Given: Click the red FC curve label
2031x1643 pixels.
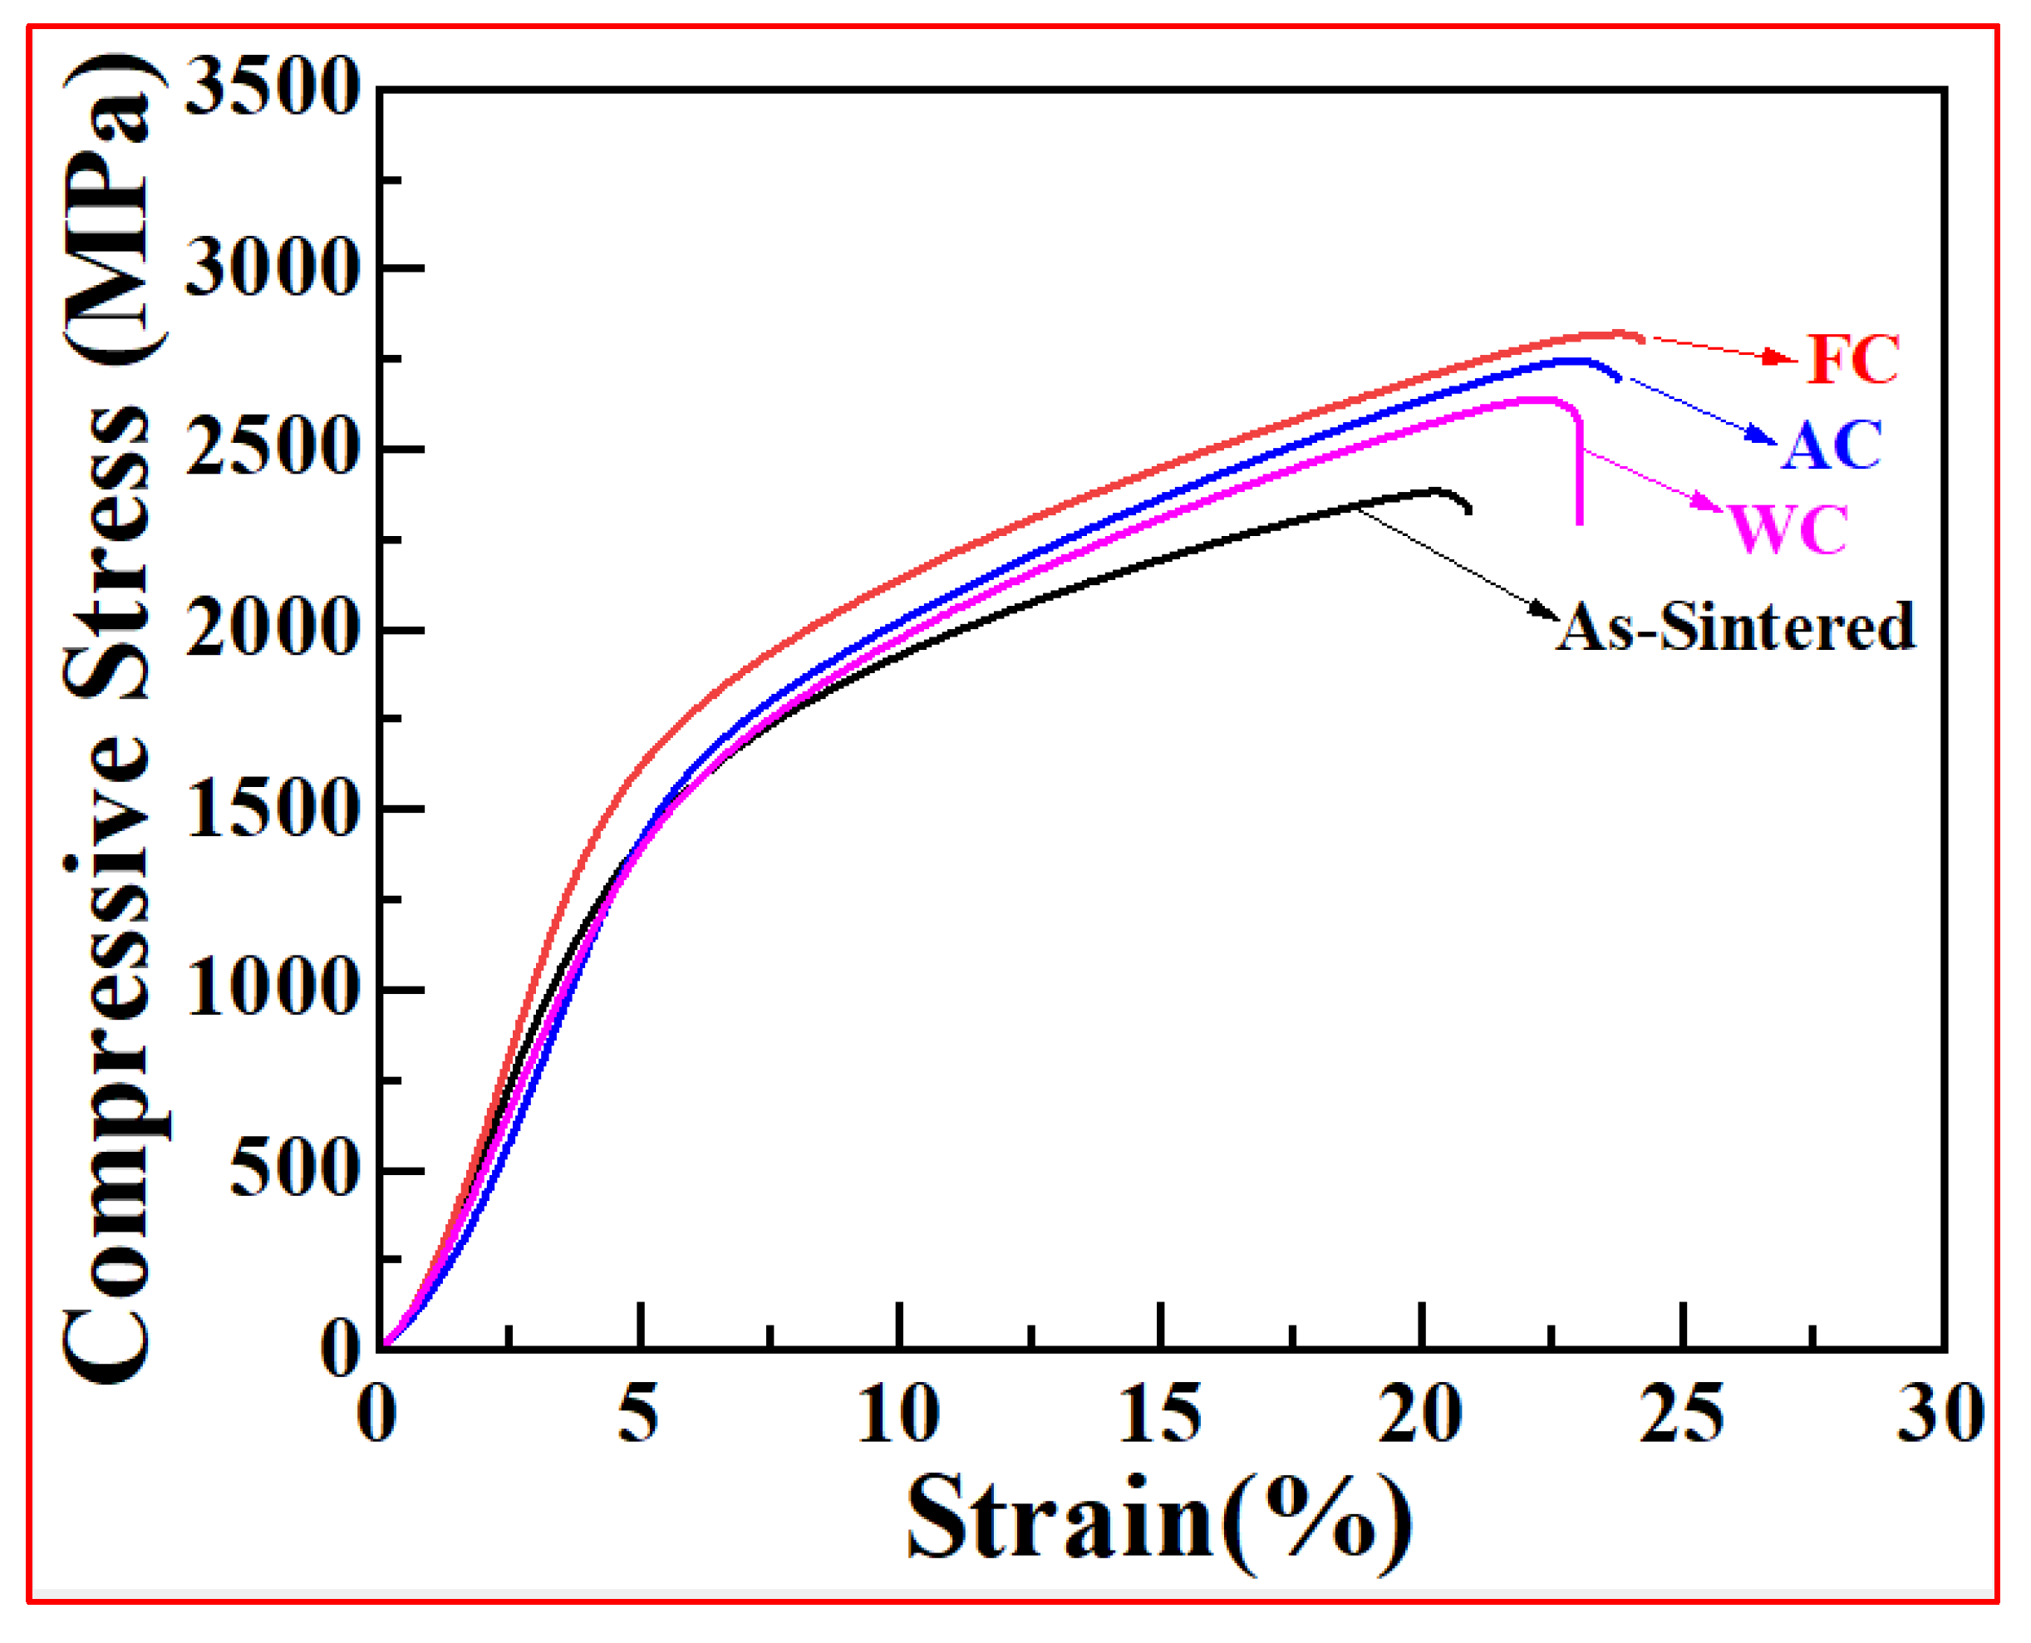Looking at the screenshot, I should tap(1852, 360).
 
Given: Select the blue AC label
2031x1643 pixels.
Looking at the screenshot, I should tap(1832, 445).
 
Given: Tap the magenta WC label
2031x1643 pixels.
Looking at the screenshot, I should tap(1788, 529).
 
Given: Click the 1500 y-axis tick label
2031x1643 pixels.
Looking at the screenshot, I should tap(273, 810).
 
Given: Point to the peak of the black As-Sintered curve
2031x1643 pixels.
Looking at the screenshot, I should tap(1435, 491).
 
